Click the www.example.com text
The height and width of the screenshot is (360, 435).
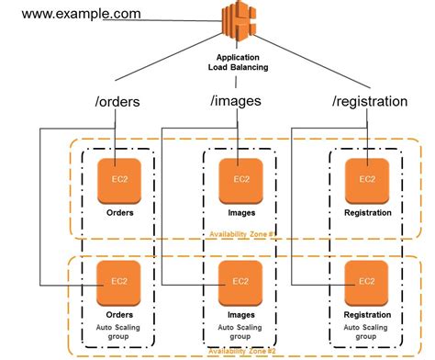tap(81, 14)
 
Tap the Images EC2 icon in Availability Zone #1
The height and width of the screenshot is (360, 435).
tap(240, 181)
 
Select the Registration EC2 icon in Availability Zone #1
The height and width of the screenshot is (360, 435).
tap(366, 181)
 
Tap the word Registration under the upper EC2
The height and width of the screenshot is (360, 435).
tap(366, 213)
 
